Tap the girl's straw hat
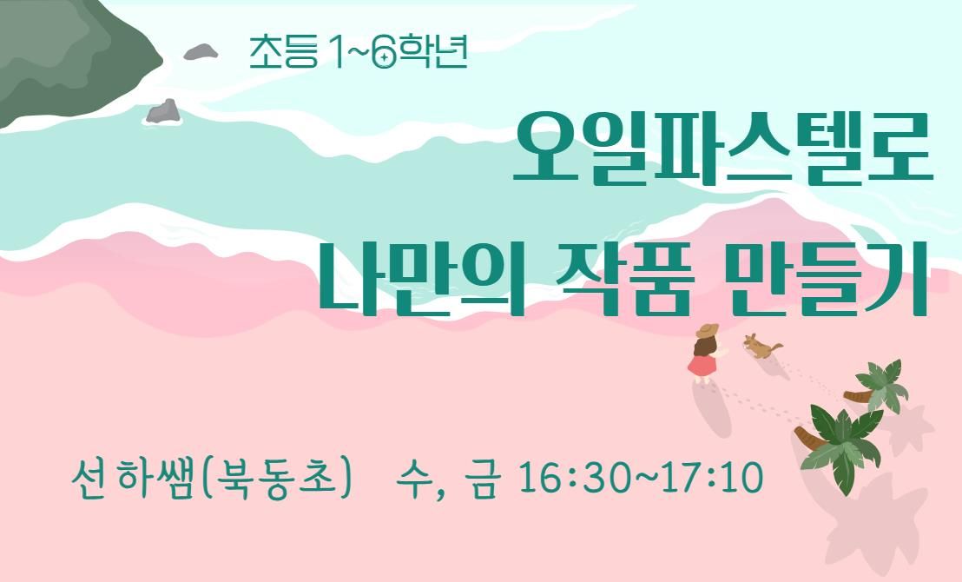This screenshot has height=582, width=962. point(707,330)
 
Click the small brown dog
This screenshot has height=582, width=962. point(761,347)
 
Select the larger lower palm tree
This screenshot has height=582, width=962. point(840,442)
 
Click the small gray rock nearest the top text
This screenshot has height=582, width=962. point(201,52)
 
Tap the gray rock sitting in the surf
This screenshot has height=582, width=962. point(162,112)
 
